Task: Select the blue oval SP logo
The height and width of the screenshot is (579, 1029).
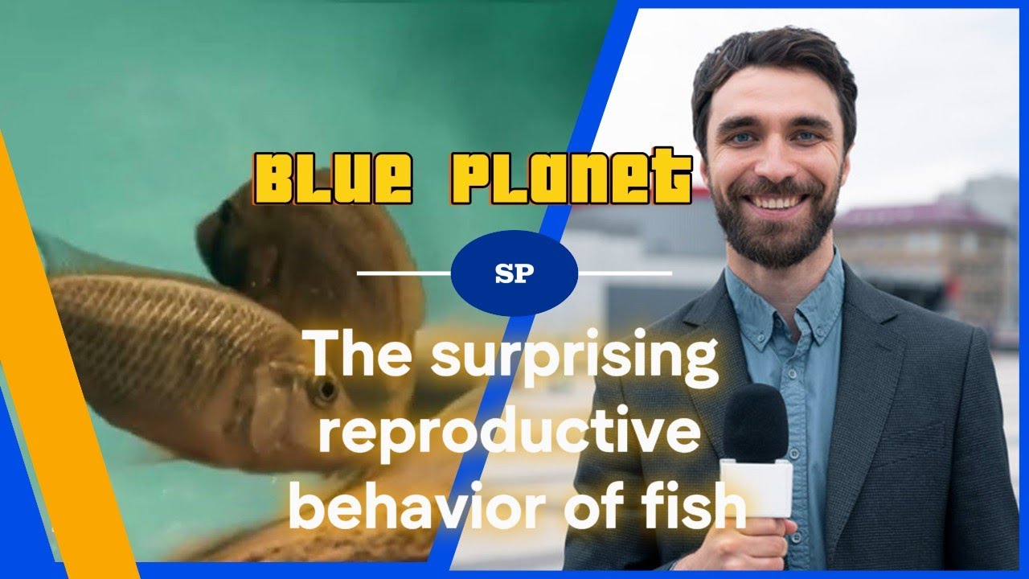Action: [x=514, y=273]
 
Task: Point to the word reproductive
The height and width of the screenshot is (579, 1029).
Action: [x=506, y=435]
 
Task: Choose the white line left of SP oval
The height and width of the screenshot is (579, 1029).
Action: [x=403, y=273]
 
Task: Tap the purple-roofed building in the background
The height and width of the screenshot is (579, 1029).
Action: [x=924, y=241]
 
